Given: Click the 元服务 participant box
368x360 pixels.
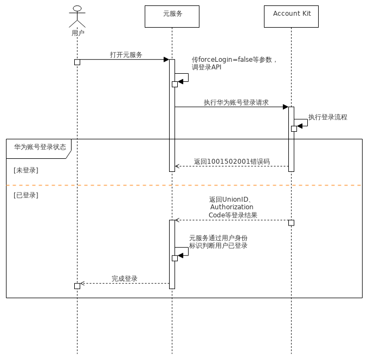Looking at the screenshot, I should [172, 16].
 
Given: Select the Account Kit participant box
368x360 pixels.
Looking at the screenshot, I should [291, 16].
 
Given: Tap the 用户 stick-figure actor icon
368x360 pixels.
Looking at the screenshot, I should [78, 17].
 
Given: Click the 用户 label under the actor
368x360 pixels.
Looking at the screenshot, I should [78, 33].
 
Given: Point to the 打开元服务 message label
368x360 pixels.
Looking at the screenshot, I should [126, 55].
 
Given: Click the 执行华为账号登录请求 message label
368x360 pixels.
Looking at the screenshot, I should [236, 102].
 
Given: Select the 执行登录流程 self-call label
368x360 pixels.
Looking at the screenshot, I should [328, 117].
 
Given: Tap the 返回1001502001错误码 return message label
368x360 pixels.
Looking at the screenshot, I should [232, 162].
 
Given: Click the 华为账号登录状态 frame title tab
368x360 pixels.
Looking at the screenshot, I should [40, 147].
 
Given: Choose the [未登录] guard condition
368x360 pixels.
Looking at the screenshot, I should [26, 170].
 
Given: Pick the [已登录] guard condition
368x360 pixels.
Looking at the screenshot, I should [26, 195].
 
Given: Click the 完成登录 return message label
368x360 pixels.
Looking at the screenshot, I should [125, 279].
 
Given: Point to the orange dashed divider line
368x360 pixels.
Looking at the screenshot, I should [184, 185].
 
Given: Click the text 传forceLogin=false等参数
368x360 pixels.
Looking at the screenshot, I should [234, 60].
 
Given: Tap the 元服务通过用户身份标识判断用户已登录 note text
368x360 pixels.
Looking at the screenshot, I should [218, 242].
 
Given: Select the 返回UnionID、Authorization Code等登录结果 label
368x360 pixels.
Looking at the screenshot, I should [233, 207].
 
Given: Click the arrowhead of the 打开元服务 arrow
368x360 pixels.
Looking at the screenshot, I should [166, 60].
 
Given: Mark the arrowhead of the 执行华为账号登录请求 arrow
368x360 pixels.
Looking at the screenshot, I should [285, 107].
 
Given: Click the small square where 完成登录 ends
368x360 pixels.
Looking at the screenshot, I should [77, 286].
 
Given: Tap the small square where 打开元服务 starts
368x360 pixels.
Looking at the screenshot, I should [77, 62].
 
